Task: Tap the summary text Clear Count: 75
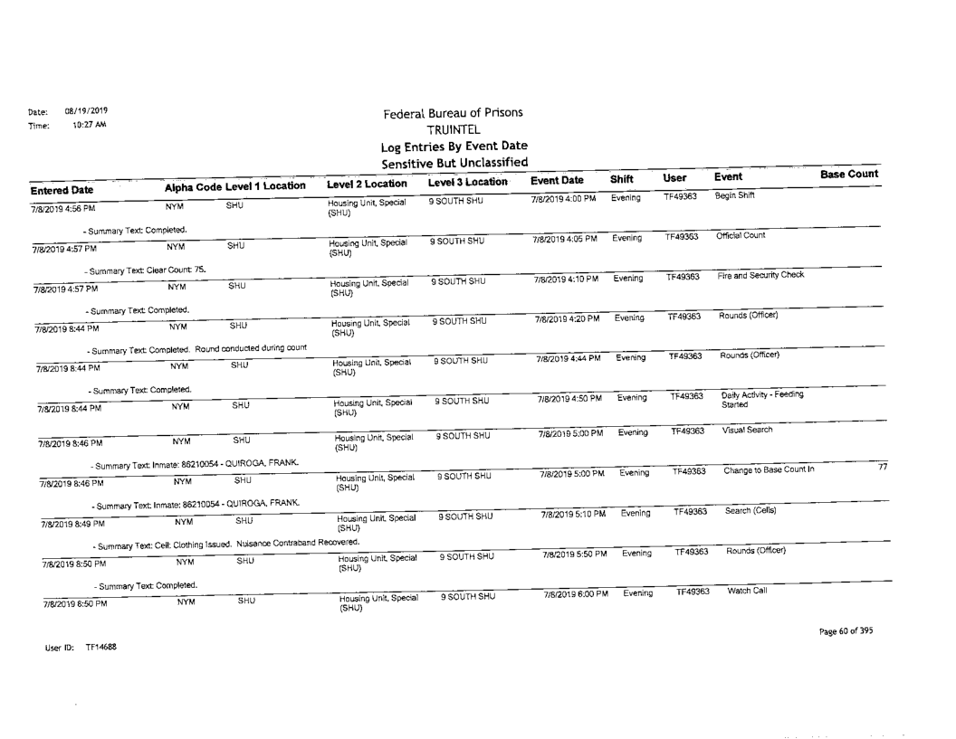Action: pyautogui.click(x=146, y=269)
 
